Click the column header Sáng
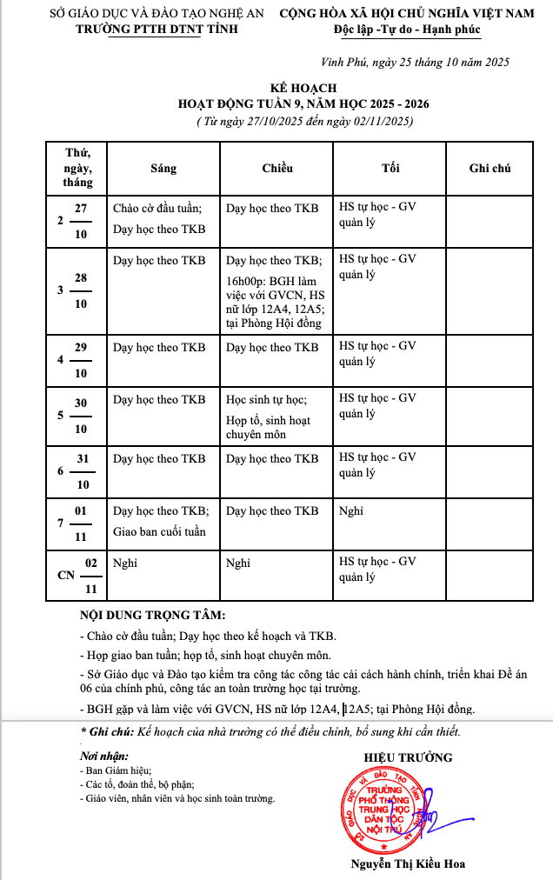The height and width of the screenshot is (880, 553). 163,168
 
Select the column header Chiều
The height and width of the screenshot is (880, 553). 277,168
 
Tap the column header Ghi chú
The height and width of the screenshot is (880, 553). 490,168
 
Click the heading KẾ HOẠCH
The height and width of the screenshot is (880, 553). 303,89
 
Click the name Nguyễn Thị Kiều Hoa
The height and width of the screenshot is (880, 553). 408,863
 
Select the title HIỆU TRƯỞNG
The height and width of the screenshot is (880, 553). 408,757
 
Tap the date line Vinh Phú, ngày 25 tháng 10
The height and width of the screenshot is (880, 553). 415,62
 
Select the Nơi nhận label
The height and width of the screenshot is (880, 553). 103,757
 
